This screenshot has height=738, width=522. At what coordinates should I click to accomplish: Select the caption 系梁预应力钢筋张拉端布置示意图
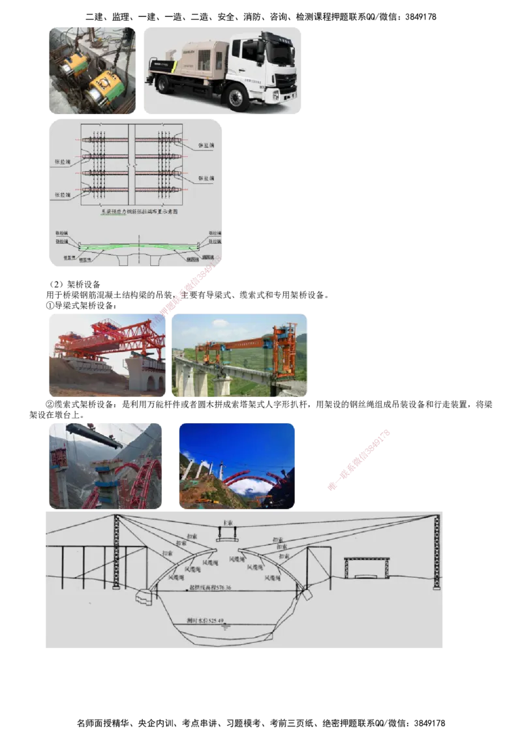(136, 212)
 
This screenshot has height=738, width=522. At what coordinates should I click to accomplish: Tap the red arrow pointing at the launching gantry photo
(186, 288)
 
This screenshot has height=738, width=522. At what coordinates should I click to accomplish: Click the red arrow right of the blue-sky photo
(360, 459)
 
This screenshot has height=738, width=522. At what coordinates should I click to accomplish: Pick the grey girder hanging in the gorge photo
(95, 435)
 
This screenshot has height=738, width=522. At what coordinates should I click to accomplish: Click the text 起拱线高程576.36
(209, 587)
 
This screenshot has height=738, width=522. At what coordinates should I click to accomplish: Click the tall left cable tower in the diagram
(116, 551)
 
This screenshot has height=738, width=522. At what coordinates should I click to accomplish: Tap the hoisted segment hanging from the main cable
(227, 537)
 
